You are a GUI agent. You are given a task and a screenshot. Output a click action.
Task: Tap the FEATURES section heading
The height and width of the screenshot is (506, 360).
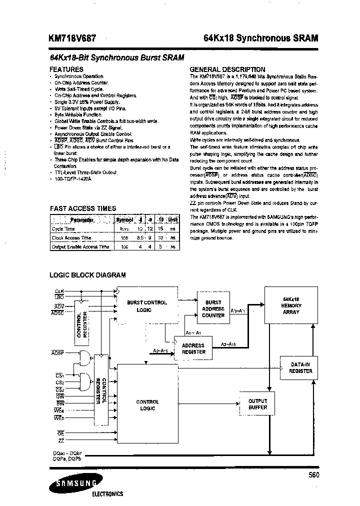click(x=66, y=69)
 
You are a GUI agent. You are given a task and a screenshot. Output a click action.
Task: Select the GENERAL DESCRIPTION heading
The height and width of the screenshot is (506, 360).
click(x=227, y=69)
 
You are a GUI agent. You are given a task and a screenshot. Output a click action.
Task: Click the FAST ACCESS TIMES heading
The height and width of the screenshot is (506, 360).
click(x=83, y=208)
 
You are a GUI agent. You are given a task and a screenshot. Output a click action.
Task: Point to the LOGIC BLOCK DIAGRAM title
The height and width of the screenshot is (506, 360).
click(x=87, y=274)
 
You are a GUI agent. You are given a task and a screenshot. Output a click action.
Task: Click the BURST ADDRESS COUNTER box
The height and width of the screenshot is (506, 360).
click(x=213, y=308)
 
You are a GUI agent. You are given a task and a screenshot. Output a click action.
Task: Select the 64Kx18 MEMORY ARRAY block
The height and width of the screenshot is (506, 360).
click(x=290, y=305)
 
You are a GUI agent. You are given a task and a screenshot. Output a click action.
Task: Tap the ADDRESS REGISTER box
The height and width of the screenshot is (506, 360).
click(x=193, y=348)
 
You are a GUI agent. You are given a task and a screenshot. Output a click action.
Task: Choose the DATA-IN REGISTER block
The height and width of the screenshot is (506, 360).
click(x=301, y=368)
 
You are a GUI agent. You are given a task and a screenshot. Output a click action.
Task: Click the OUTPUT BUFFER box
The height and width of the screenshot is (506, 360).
click(x=257, y=404)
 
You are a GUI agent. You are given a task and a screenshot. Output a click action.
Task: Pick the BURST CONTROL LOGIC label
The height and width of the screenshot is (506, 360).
click(x=147, y=306)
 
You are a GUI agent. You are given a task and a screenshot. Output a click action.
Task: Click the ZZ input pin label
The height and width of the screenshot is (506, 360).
click(x=61, y=440)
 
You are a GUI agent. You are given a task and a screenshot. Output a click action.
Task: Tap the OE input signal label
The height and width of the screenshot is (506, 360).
click(x=60, y=432)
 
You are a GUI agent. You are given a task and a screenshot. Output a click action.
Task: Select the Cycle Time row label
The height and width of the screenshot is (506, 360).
click(x=63, y=229)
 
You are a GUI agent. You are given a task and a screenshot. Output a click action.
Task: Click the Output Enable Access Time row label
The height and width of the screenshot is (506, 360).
click(x=80, y=246)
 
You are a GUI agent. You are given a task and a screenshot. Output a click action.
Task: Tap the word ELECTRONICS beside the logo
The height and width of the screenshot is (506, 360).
click(x=107, y=494)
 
